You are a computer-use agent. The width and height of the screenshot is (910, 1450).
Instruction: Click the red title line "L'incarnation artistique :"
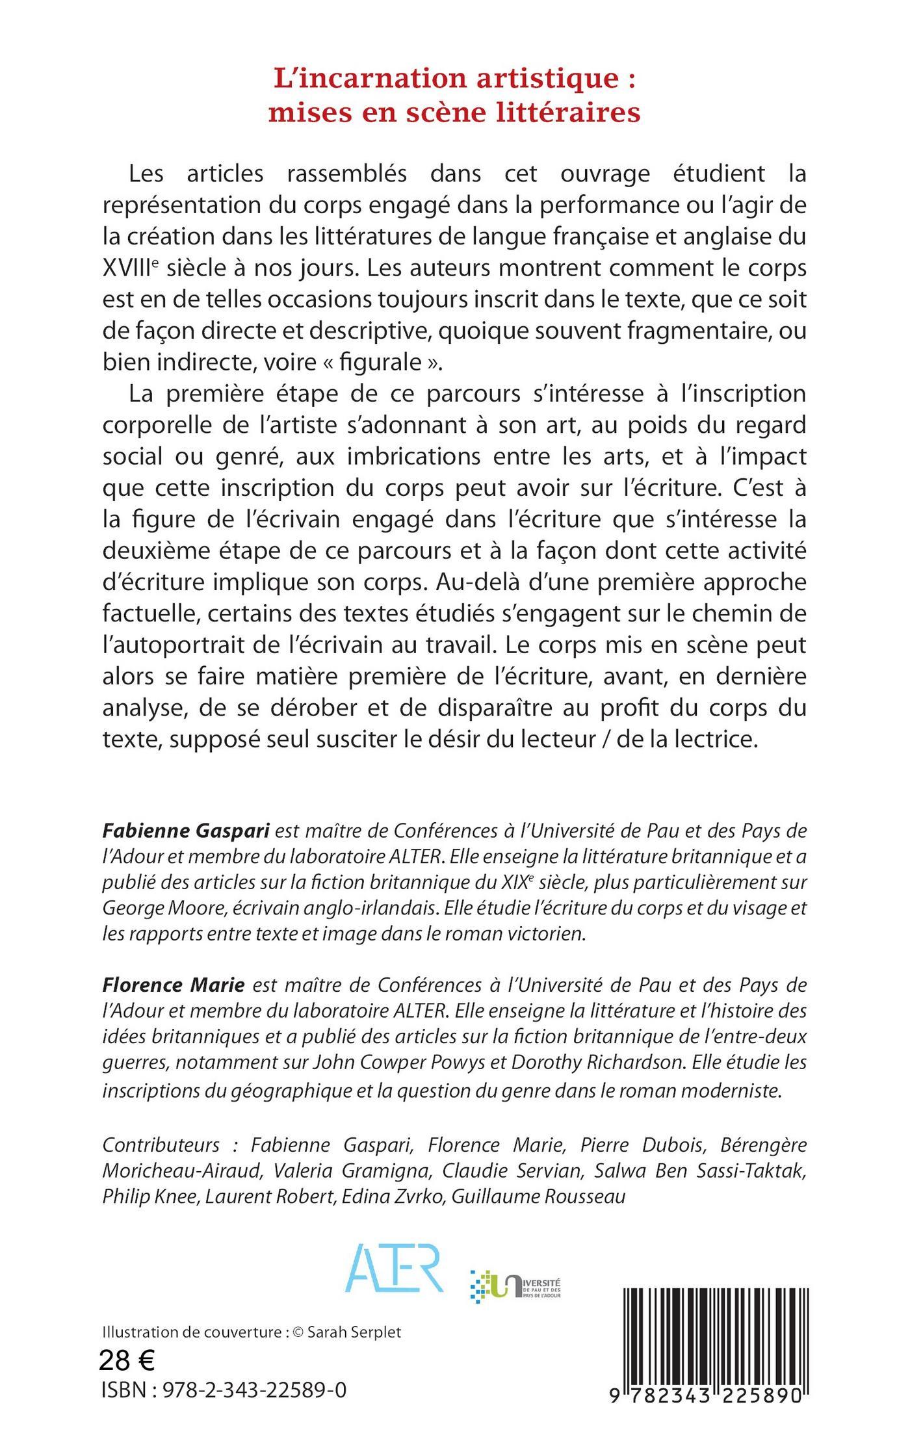(454, 79)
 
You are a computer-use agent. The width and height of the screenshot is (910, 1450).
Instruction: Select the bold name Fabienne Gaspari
(187, 830)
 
